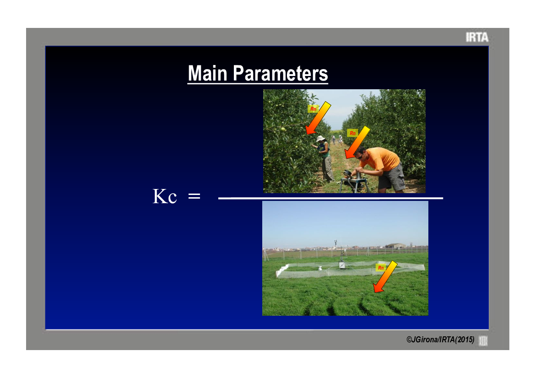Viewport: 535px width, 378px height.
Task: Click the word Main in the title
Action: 207,73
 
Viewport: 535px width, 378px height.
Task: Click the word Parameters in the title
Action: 280,73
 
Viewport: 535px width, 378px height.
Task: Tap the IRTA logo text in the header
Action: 477,37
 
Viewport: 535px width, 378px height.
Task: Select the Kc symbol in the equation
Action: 165,196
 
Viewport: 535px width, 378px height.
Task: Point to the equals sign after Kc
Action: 194,196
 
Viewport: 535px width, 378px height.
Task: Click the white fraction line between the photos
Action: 330,198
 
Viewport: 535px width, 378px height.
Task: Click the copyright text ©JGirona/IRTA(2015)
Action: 440,340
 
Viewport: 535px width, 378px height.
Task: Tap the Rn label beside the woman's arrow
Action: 313,109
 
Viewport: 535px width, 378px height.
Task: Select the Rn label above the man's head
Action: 352,133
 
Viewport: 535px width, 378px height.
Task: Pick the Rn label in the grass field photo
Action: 381,268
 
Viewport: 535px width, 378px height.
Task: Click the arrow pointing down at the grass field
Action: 385,277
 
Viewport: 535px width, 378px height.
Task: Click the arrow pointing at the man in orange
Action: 357,142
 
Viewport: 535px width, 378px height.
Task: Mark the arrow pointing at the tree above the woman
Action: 318,118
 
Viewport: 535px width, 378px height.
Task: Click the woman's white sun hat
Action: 320,138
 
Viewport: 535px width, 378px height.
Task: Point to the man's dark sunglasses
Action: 359,156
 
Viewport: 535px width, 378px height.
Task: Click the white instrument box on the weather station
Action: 341,265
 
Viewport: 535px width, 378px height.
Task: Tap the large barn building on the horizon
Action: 396,246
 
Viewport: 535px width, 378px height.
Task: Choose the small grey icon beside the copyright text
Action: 483,340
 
